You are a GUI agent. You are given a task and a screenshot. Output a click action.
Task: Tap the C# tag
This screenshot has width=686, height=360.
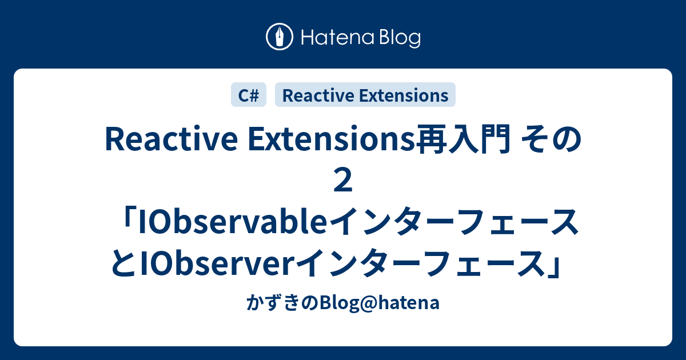coord(249,95)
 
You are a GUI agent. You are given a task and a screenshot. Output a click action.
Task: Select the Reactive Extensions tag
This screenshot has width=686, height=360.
coord(365,95)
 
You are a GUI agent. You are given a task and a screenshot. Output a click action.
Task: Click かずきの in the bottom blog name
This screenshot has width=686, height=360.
coord(274,303)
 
